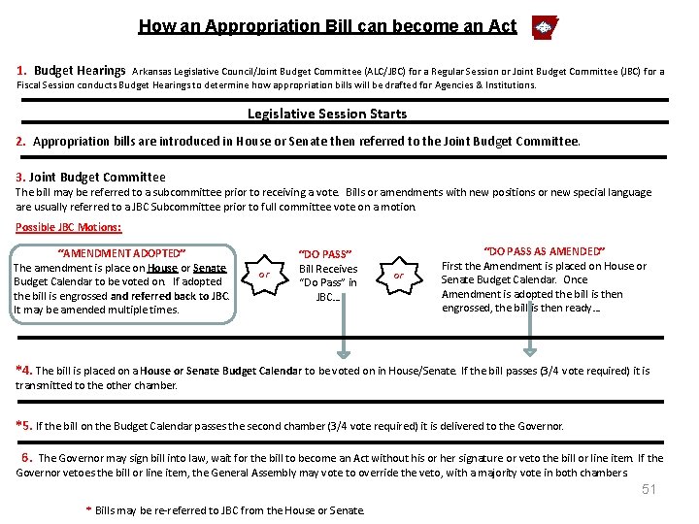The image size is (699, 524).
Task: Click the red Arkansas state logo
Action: [545, 27]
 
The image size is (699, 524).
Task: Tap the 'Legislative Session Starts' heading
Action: [327, 114]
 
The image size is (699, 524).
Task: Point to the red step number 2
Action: [21, 142]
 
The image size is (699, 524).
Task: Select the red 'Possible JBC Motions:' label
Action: [69, 227]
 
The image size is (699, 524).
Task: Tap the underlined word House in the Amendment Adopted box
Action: [163, 268]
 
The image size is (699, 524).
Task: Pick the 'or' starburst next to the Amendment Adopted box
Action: [264, 275]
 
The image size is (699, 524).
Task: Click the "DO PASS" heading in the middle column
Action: [327, 254]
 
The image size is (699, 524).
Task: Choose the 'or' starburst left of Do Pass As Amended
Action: [398, 275]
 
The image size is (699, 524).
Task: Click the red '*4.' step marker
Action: [24, 371]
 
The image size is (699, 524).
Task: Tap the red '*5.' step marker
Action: [24, 425]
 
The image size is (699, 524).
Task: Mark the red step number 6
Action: [26, 458]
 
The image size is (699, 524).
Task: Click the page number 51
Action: [649, 489]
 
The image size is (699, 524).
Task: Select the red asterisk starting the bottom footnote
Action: [89, 510]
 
